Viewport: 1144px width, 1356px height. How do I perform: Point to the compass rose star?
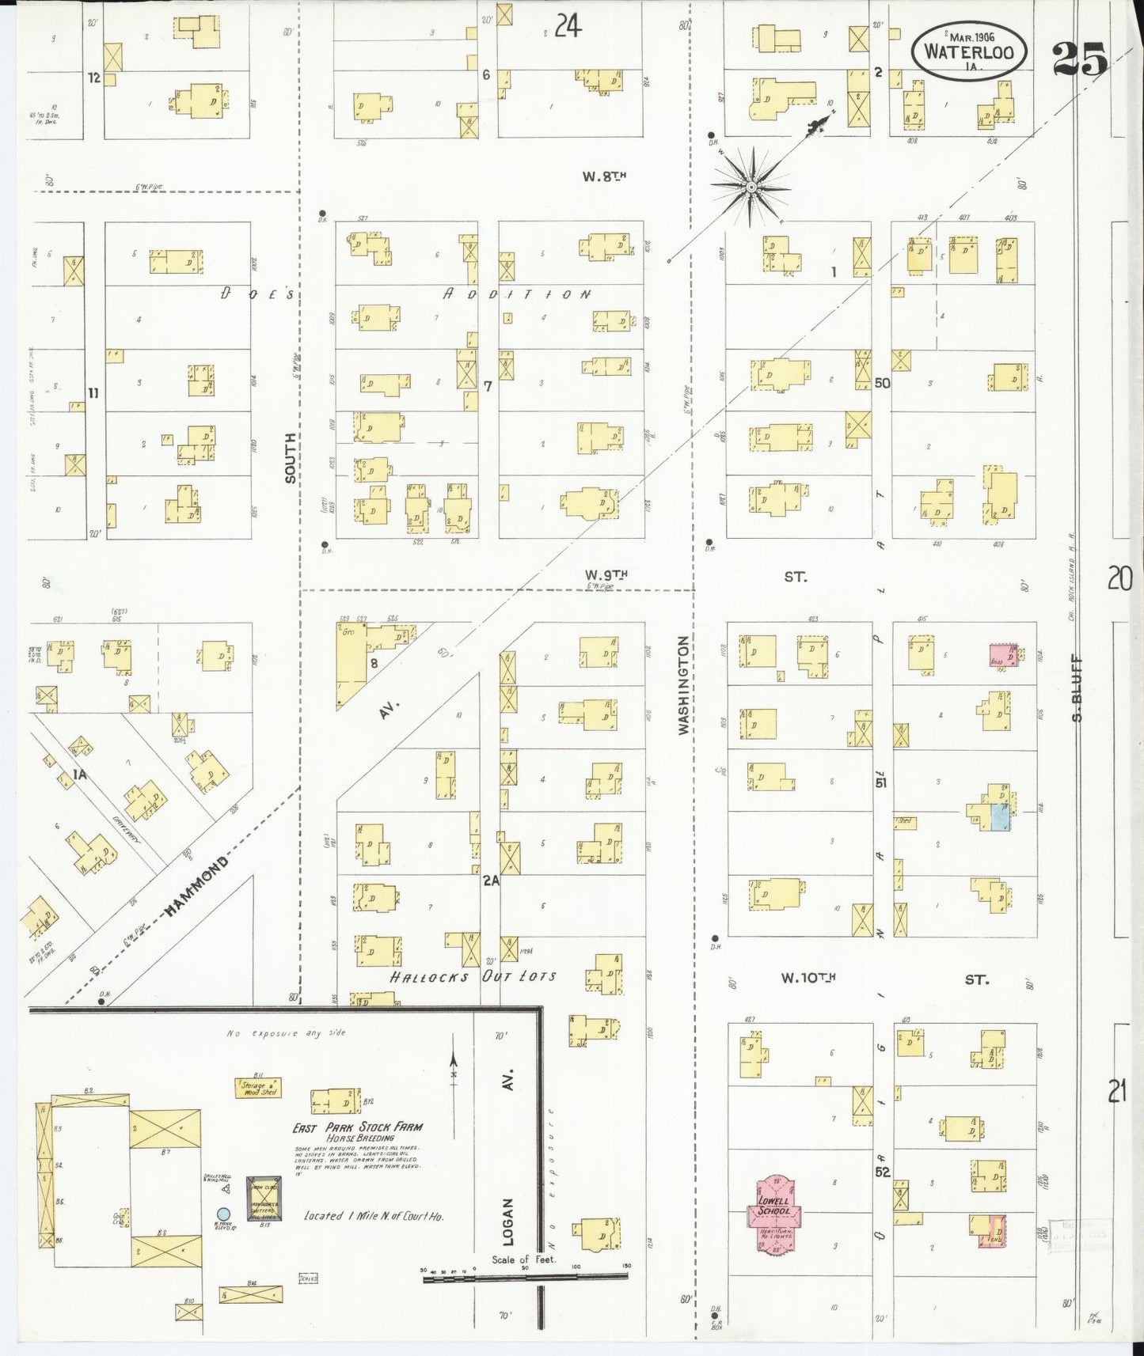pyautogui.click(x=749, y=187)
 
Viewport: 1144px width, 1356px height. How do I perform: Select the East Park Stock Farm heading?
pyautogui.click(x=358, y=1127)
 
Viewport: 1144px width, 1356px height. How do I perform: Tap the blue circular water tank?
pyautogui.click(x=223, y=1214)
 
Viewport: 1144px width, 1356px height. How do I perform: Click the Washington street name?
pyautogui.click(x=685, y=686)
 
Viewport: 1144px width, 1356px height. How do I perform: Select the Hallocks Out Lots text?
pyautogui.click(x=473, y=976)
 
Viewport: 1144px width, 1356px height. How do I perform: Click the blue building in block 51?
pyautogui.click(x=1000, y=816)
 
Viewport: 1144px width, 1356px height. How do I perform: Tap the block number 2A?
pyautogui.click(x=492, y=879)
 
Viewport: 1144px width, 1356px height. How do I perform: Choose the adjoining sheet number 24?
pyautogui.click(x=568, y=27)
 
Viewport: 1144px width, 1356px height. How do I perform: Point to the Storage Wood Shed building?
pyautogui.click(x=258, y=1089)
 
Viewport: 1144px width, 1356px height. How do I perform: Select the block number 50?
pyautogui.click(x=882, y=383)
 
